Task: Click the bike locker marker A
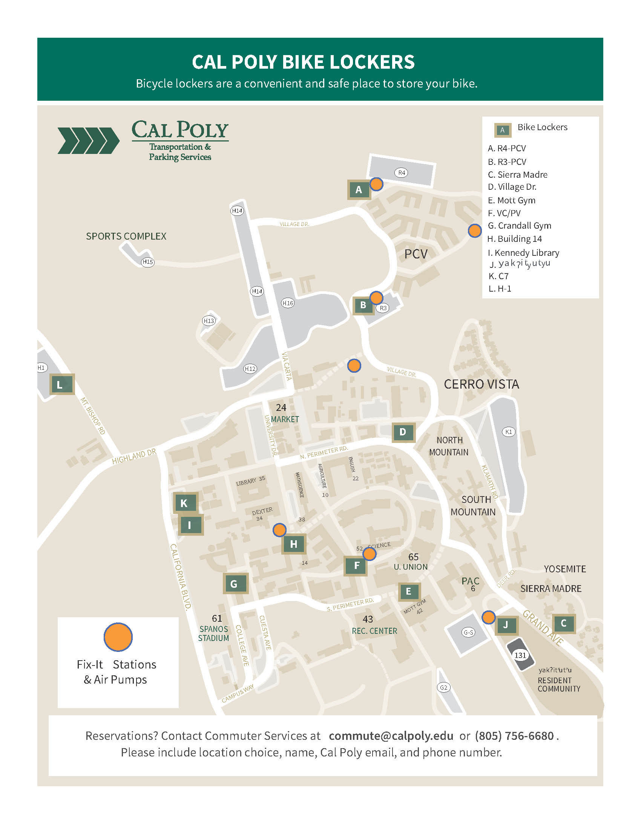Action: click(359, 190)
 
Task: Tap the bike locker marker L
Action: click(62, 384)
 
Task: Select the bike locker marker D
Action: click(403, 432)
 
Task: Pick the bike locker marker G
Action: click(235, 583)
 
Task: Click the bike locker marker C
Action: click(564, 623)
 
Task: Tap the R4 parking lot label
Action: click(402, 172)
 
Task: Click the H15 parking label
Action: click(147, 262)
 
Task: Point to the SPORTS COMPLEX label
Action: click(126, 237)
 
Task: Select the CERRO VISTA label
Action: click(481, 384)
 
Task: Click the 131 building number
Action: click(520, 655)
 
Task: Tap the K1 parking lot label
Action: click(509, 432)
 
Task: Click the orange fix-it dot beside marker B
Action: click(376, 298)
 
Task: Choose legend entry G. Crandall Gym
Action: click(519, 226)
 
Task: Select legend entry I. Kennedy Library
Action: click(523, 253)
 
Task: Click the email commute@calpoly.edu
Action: click(391, 736)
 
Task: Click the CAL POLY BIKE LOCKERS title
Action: click(303, 62)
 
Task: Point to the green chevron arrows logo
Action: click(89, 141)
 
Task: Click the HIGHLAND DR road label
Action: click(134, 456)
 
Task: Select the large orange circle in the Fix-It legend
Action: click(118, 637)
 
